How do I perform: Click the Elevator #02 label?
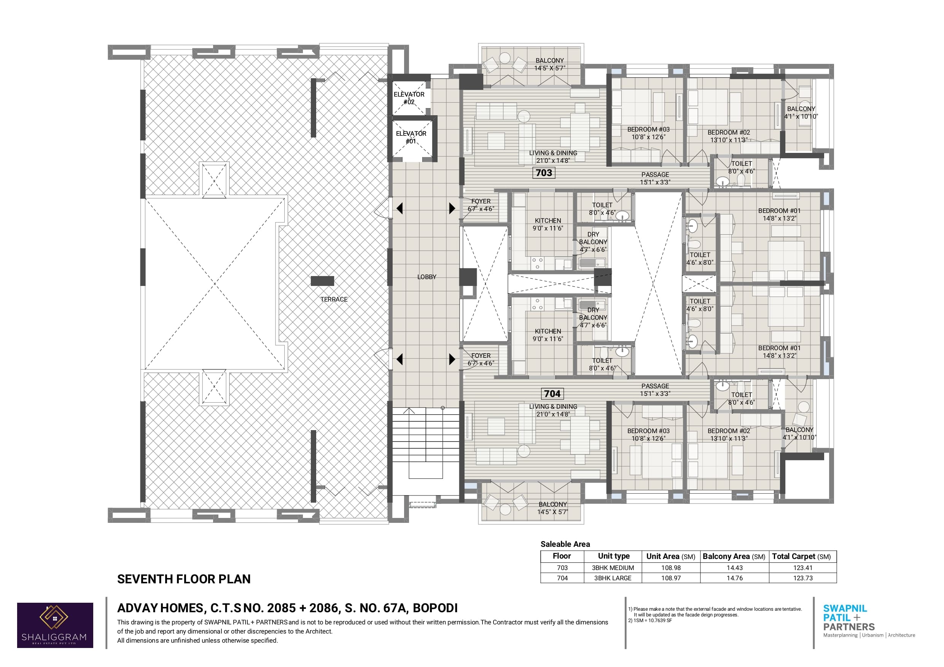pyautogui.click(x=409, y=98)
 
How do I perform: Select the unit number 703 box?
pyautogui.click(x=544, y=173)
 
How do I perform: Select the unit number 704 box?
pyautogui.click(x=552, y=394)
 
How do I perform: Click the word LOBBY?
pyautogui.click(x=427, y=277)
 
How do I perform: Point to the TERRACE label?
pyautogui.click(x=334, y=300)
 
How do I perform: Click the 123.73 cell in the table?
pyautogui.click(x=802, y=578)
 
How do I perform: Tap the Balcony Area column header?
pyautogui.click(x=734, y=556)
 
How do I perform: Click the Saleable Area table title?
pyautogui.click(x=565, y=544)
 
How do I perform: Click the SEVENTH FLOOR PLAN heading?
pyautogui.click(x=184, y=579)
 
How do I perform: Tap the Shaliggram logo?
pyautogui.click(x=55, y=625)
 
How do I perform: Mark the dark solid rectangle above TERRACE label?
pyautogui.click(x=322, y=281)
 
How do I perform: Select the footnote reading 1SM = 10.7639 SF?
pyautogui.click(x=650, y=621)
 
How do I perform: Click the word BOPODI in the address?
pyautogui.click(x=435, y=608)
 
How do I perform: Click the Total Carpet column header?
pyautogui.click(x=801, y=556)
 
